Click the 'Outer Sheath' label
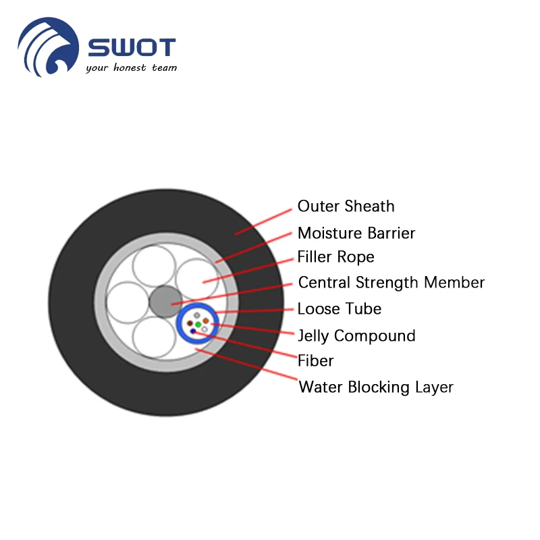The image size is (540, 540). coord(346,207)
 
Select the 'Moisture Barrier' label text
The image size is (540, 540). coord(356,234)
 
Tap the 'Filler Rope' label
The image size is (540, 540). coord(335,258)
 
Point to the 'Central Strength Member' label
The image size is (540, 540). coord(391,283)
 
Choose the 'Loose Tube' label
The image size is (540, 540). coord(340,309)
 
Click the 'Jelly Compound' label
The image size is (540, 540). coord(356,336)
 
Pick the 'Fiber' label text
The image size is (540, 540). coord(316,361)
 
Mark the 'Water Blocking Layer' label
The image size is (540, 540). coord(376,387)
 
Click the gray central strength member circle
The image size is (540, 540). coord(165,301)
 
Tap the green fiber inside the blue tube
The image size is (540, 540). coord(198,324)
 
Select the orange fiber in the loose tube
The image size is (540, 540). coord(206,321)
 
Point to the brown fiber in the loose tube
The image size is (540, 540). coord(190,323)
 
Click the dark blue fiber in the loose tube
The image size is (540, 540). coord(194,331)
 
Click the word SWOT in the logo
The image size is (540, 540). coord(132,48)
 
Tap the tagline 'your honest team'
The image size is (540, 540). coord(131,68)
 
